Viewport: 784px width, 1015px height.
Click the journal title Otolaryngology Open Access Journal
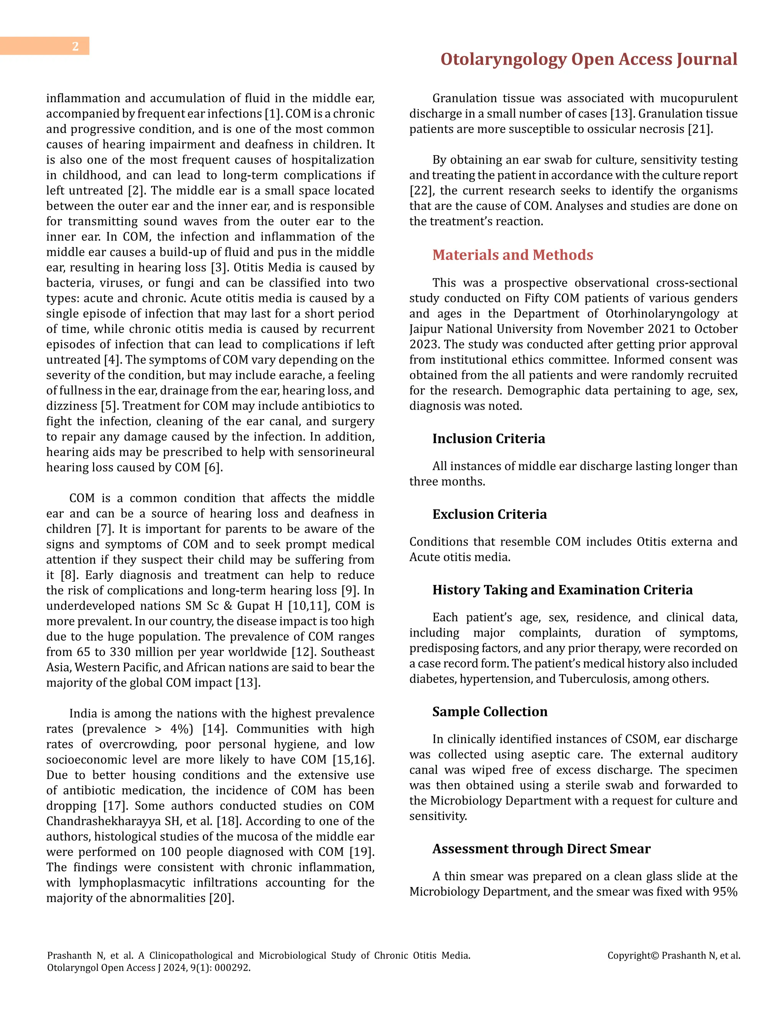(x=588, y=59)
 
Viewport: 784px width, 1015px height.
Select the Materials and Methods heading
(x=512, y=255)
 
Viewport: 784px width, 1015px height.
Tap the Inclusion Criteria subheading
(x=488, y=438)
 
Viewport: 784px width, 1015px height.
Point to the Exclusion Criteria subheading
(x=489, y=514)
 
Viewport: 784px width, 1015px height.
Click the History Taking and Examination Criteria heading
(x=562, y=590)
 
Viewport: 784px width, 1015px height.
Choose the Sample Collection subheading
(x=490, y=712)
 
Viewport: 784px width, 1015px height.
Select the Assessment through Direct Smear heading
(x=541, y=849)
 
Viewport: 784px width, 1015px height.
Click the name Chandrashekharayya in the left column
(x=103, y=821)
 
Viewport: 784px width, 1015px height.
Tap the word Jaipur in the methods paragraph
(x=426, y=329)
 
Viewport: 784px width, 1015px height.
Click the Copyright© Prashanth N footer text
(x=673, y=956)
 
